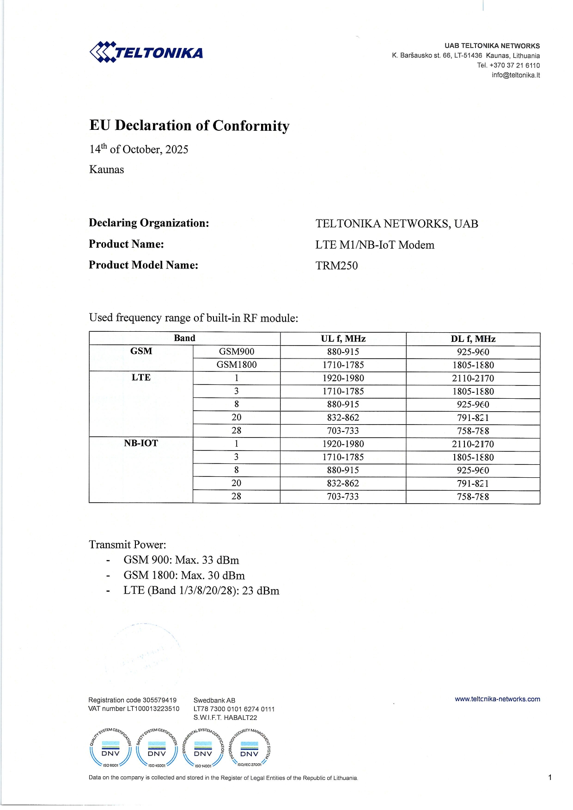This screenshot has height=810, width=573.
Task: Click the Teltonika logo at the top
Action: coord(146,52)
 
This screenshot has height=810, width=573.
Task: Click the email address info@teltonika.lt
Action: coord(515,75)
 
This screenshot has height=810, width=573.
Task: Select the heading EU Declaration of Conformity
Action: coord(189,126)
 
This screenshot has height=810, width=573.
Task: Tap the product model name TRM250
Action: coord(336,266)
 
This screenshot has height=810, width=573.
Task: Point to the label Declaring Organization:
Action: coord(149,223)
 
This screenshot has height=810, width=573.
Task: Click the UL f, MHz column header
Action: coord(343,339)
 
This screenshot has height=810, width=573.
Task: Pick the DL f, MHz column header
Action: coord(473,339)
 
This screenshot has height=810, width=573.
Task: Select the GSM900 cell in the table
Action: coord(236,352)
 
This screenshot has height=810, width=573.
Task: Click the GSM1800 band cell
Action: coord(236,365)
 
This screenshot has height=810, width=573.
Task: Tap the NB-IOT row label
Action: coord(141,443)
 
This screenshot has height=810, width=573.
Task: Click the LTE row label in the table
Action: coord(141,378)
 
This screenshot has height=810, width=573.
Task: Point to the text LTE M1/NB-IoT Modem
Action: coord(375,245)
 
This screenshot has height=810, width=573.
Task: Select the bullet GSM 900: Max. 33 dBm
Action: coord(181,560)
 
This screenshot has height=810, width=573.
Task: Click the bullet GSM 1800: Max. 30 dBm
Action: coord(184,575)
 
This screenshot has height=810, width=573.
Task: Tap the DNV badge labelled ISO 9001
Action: coord(110,749)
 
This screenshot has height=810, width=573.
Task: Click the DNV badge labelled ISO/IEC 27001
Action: coord(250,749)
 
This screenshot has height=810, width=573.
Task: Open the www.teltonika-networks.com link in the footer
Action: coord(497,699)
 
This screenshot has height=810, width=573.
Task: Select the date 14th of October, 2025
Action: coord(139,149)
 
